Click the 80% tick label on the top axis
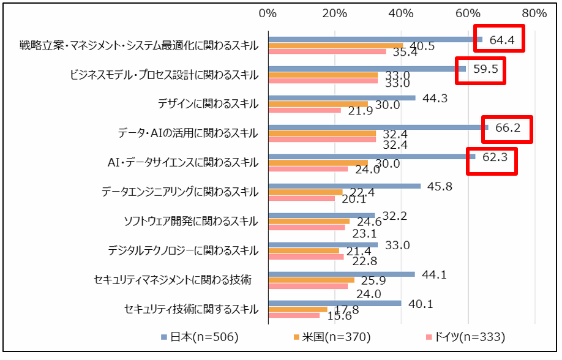pos(534,13)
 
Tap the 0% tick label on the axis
pos(268,13)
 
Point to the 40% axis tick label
pos(400,13)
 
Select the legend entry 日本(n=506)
pos(200,337)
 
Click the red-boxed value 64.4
pos(501,41)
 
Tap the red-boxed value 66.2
pos(508,129)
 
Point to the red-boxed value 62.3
pos(495,157)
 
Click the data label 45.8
pos(440,186)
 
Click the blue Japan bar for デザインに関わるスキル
pos(342,98)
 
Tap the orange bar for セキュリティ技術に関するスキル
pos(298,309)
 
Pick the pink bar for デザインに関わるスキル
pos(304,110)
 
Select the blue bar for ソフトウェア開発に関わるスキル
pos(321,215)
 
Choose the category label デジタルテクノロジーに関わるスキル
pos(183,250)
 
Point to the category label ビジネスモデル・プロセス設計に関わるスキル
pos(165,75)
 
